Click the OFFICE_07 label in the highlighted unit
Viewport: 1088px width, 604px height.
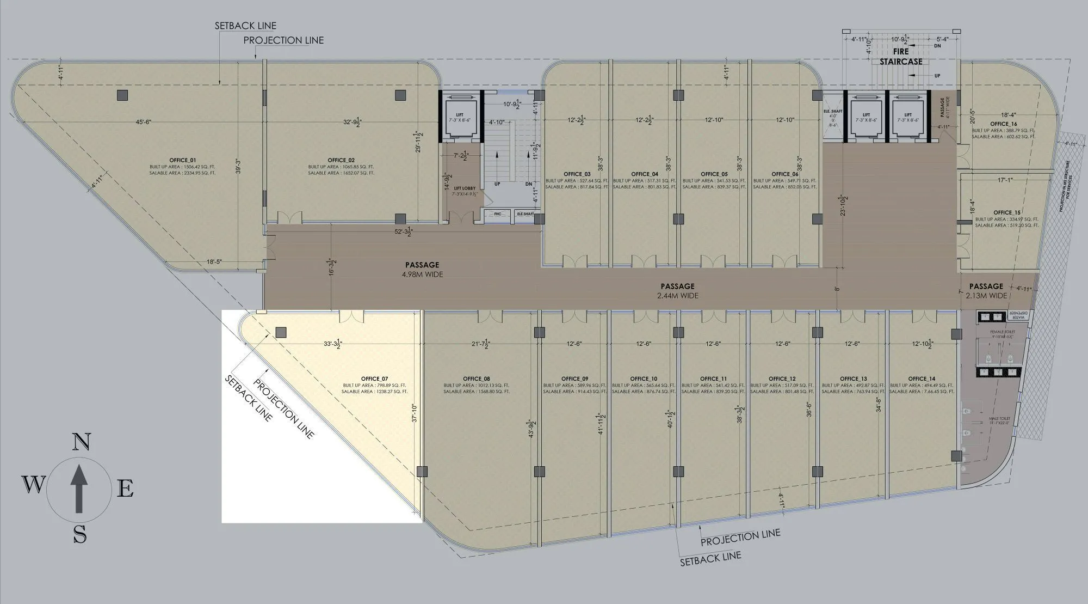point(374,379)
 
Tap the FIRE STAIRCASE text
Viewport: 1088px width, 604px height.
point(901,57)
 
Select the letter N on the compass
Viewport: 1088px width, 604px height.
point(81,442)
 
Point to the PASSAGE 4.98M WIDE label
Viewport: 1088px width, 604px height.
point(422,270)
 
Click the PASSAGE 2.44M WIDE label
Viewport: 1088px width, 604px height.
point(677,291)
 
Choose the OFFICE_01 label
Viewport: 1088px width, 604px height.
point(182,160)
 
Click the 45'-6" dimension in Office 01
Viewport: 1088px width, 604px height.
point(143,122)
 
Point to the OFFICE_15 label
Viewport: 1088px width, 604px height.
point(1006,212)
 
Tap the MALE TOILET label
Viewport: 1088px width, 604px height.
point(999,419)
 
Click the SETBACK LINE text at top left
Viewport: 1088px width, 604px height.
point(245,26)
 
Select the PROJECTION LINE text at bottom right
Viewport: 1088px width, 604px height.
point(740,538)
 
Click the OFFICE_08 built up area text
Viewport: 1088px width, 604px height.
point(476,385)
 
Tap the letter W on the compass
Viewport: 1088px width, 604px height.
point(33,484)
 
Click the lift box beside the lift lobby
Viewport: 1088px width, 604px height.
point(460,118)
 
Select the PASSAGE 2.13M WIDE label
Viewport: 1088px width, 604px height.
point(986,291)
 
